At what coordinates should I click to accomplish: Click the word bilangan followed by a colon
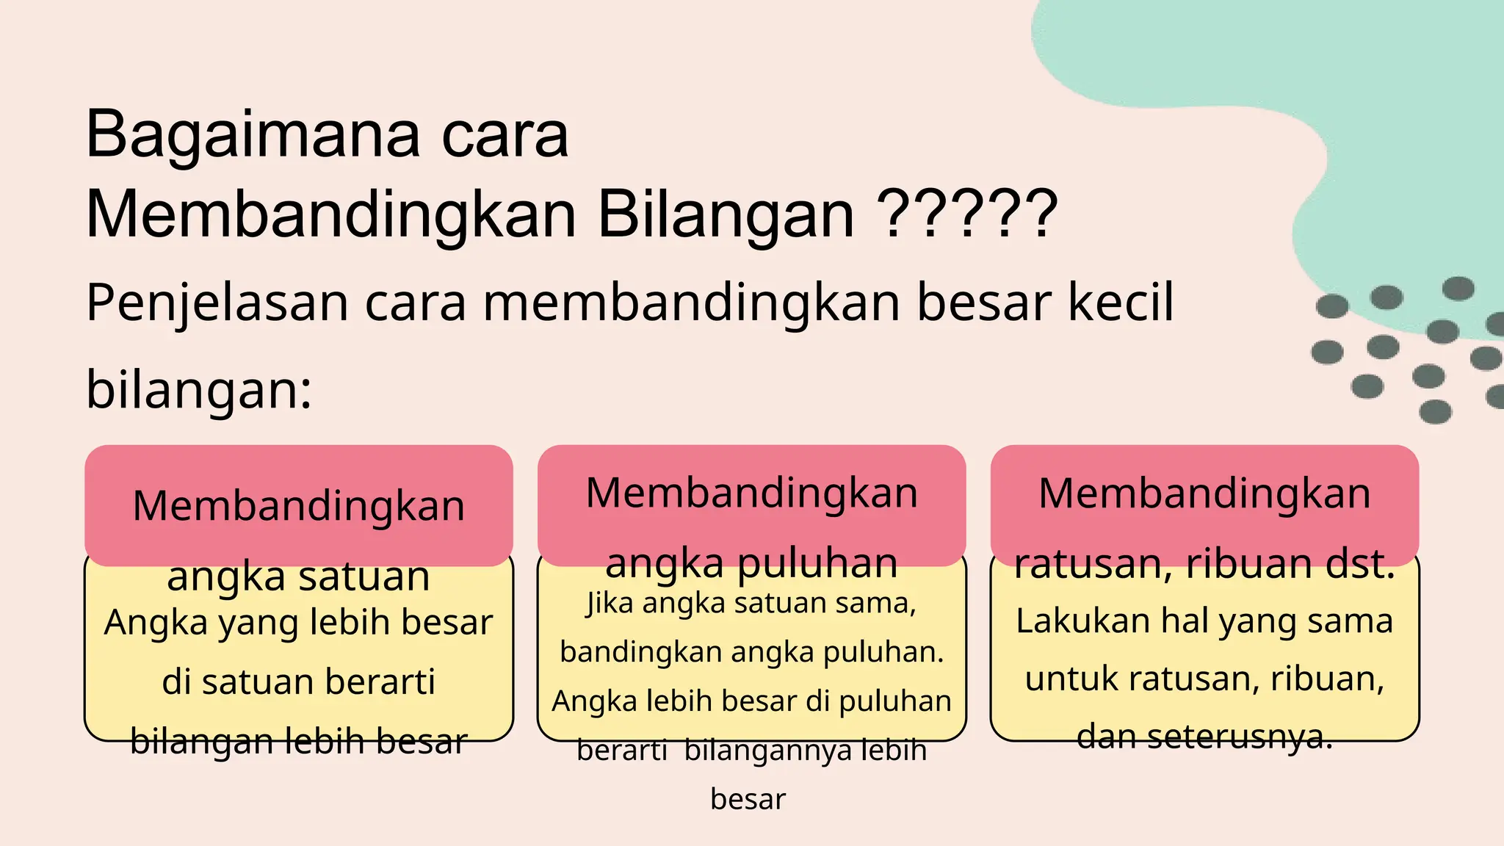point(199,389)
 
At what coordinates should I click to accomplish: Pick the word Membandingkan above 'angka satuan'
point(299,506)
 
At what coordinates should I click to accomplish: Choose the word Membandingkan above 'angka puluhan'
point(751,493)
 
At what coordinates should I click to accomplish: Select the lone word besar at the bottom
point(748,799)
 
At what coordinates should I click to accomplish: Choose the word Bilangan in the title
point(726,214)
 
